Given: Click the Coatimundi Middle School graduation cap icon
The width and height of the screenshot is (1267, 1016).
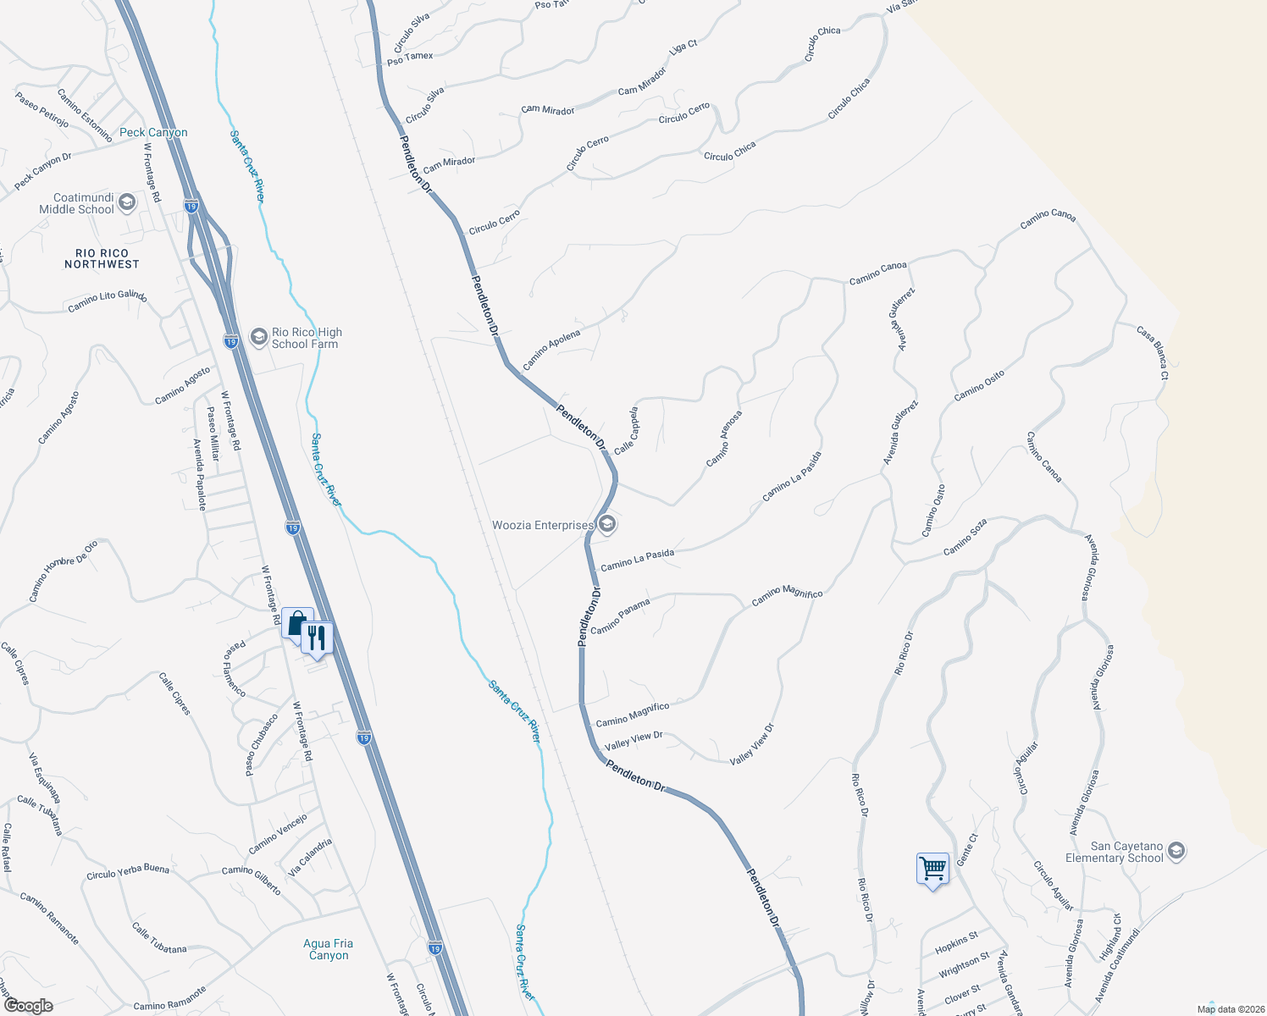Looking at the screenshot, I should [x=127, y=202].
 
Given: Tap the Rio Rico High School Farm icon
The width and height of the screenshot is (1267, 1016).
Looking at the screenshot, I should [x=259, y=338].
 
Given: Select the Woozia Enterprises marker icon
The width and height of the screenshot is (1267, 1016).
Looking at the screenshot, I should [x=606, y=525].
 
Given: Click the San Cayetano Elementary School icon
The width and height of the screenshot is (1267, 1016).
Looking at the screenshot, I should [x=1176, y=851].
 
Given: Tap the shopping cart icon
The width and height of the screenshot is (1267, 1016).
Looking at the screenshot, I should [x=932, y=868].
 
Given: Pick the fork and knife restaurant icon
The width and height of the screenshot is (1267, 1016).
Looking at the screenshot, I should [x=317, y=638].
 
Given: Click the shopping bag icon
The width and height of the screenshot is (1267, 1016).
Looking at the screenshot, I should [x=296, y=625].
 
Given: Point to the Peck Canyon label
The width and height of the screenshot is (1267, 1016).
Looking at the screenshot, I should [x=153, y=132].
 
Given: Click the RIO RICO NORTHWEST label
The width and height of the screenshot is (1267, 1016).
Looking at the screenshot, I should [x=102, y=258].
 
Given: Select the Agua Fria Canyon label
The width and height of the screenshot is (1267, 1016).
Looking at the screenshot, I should [x=329, y=949].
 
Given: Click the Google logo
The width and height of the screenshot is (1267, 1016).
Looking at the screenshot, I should [x=29, y=1005].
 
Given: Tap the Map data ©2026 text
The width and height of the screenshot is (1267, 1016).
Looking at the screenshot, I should [x=1229, y=1009].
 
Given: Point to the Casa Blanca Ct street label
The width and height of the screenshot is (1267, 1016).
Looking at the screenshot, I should [x=1153, y=352].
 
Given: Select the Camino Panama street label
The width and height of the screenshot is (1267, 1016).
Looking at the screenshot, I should [x=620, y=616].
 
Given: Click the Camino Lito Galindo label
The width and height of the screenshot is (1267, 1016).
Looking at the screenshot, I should [x=108, y=301].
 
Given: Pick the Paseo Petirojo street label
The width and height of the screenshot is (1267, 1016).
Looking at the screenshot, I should [x=41, y=110].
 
